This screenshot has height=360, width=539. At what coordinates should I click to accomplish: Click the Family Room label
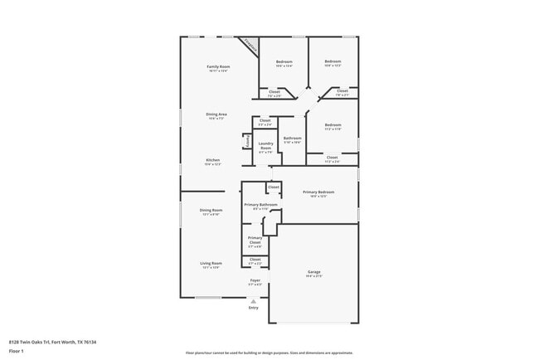coord(218,66)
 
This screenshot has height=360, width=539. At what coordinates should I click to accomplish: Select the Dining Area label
coord(216,114)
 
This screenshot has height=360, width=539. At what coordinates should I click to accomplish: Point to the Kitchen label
coord(213,160)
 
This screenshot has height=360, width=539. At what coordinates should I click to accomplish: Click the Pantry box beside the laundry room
coord(247,142)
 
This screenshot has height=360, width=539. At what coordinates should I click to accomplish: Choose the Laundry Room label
coord(265,146)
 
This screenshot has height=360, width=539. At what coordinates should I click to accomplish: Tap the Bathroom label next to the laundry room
coord(292,139)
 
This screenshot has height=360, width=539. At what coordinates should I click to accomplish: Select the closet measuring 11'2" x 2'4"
coord(332,158)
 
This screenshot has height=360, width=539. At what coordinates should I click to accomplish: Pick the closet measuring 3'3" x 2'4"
coord(265,122)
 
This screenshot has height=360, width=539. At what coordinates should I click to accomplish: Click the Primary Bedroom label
coord(318,193)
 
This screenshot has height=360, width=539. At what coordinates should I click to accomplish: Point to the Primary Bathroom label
coord(260,205)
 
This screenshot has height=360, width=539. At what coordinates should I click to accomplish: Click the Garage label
coord(313,274)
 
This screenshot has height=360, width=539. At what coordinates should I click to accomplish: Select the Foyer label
coord(255,281)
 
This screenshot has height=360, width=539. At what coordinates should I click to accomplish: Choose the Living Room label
coord(211,264)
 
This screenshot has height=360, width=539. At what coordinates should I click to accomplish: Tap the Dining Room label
coord(211,211)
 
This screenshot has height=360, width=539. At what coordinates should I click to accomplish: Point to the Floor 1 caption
coord(17,351)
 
